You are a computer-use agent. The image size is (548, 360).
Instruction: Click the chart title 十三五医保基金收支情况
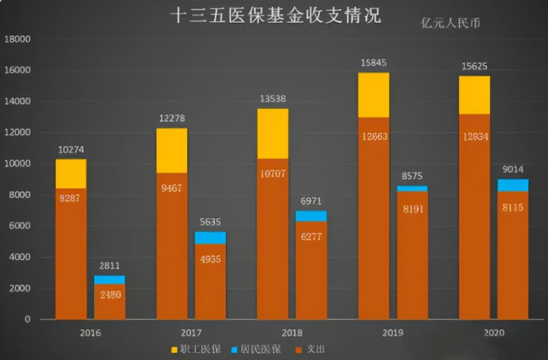click(275, 15)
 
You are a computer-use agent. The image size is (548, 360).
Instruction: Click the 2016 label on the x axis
click(90, 333)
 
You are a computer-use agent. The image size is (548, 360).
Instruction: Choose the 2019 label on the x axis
click(392, 333)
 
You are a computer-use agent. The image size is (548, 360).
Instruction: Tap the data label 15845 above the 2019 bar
click(373, 62)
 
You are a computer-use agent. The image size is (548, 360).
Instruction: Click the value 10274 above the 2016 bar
click(70, 150)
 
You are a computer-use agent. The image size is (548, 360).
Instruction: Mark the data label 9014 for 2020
click(513, 170)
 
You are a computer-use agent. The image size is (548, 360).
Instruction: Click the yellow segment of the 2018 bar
click(273, 134)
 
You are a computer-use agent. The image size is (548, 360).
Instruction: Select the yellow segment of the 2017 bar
click(172, 151)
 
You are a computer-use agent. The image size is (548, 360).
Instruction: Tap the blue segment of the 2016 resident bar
click(109, 280)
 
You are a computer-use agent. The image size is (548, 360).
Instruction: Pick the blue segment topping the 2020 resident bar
click(513, 186)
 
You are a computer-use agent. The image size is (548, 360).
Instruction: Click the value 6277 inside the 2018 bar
click(311, 237)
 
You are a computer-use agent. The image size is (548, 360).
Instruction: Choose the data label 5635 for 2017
click(210, 222)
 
